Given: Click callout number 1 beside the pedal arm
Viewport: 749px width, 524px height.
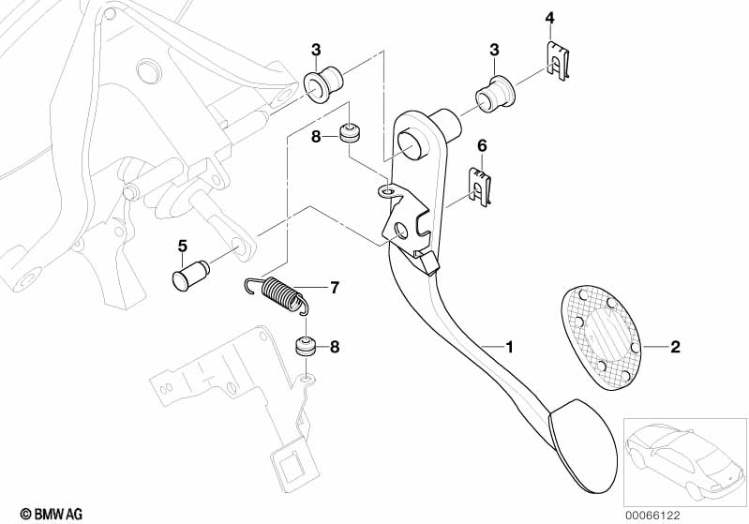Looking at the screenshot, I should tap(510, 347).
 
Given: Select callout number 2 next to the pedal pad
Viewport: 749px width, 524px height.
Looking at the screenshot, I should tap(675, 347).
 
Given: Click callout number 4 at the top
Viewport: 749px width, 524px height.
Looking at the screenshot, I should tap(550, 18).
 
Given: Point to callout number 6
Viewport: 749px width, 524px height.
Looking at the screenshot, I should tap(483, 145).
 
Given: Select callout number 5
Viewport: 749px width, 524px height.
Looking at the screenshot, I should tap(183, 246).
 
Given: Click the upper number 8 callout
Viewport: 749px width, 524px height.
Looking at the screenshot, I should tap(317, 137).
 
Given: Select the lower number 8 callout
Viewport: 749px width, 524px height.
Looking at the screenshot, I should tap(336, 348).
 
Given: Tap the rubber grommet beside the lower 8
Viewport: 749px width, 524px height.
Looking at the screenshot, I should tap(305, 345).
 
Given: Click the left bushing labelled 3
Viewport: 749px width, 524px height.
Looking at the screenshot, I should tap(323, 82).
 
